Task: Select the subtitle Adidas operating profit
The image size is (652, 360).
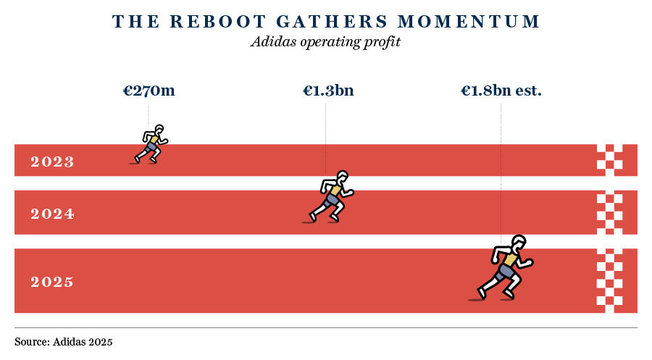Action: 325,42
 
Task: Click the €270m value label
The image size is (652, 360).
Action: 149,91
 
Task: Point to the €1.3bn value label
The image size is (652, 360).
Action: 328,91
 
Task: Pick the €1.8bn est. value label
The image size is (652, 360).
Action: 501,91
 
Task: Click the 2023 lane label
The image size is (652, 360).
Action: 52,162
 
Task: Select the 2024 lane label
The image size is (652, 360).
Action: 52,214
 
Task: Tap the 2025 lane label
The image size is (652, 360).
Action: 52,282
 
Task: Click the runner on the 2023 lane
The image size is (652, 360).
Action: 151,144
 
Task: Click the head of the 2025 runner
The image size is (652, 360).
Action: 519,243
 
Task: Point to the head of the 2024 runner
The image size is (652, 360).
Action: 342,177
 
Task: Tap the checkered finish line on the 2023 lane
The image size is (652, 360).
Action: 609,161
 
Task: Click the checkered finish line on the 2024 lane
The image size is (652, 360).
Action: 609,212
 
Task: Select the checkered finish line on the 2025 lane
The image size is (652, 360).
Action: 609,281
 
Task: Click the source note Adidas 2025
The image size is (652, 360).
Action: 64,340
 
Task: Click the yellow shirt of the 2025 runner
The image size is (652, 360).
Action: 510,259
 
